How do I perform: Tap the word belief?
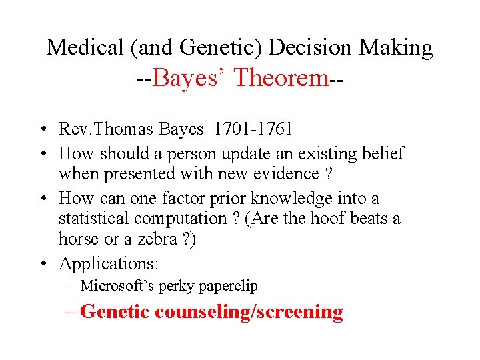pyautogui.click(x=380, y=153)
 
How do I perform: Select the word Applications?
pyautogui.click(x=109, y=264)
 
